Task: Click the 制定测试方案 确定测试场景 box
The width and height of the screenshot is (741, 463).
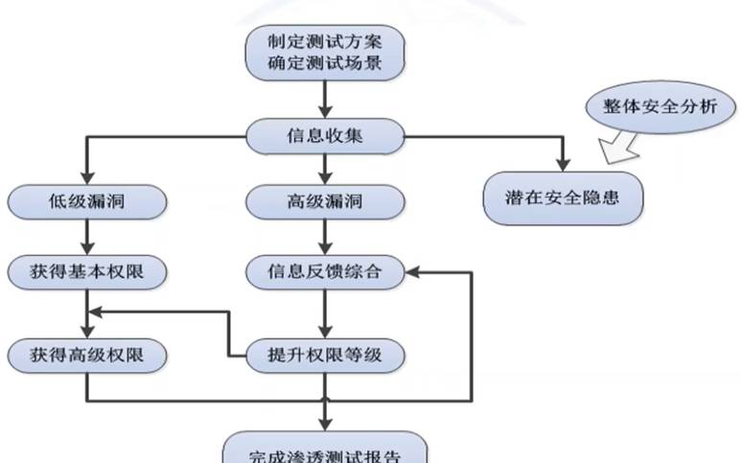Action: point(325,54)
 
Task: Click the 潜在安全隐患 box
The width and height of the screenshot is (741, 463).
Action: point(561,199)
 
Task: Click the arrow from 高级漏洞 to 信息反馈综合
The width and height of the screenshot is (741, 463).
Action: point(327,237)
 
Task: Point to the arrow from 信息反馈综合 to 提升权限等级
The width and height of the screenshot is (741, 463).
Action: point(327,313)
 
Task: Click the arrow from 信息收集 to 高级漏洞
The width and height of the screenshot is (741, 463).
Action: point(327,169)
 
